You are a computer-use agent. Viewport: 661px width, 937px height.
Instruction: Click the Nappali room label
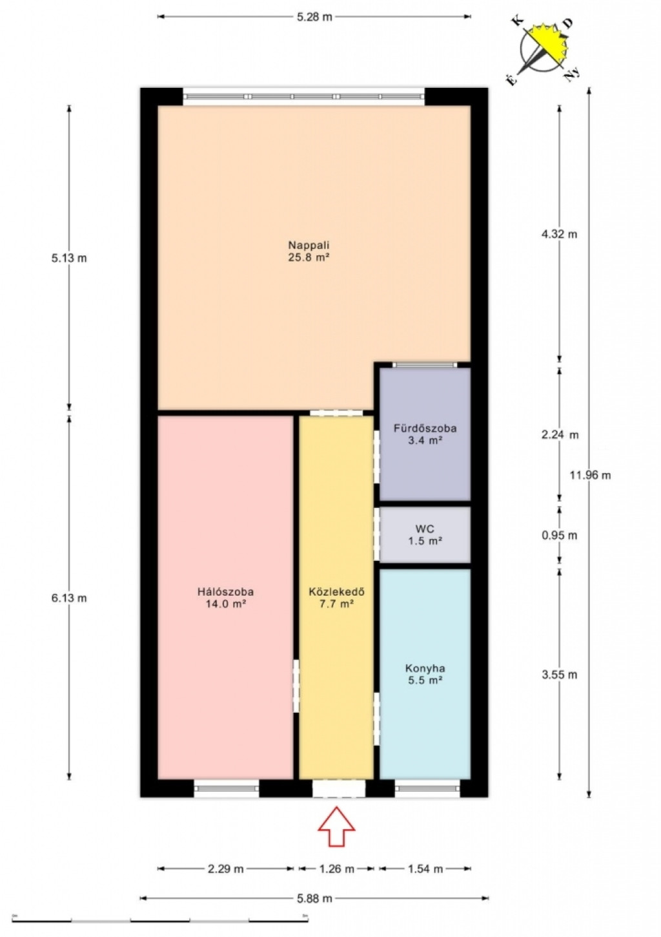pos(309,251)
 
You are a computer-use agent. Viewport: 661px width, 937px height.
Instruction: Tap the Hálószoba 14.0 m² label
pos(226,598)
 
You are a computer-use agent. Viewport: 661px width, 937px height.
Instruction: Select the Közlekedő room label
pos(337,598)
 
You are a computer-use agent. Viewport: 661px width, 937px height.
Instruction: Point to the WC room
pos(425,534)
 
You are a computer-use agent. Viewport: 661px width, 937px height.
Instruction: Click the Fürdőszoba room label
pos(425,434)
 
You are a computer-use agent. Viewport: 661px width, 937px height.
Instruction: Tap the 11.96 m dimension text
pos(590,475)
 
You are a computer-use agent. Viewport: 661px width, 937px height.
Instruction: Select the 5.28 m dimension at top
pos(314,17)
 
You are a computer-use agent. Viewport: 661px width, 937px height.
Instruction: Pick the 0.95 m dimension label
pos(560,535)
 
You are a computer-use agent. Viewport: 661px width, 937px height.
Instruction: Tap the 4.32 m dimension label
pos(560,234)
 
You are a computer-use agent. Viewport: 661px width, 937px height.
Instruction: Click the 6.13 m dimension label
pos(69,598)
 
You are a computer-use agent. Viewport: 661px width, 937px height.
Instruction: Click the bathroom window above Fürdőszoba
pos(425,364)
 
